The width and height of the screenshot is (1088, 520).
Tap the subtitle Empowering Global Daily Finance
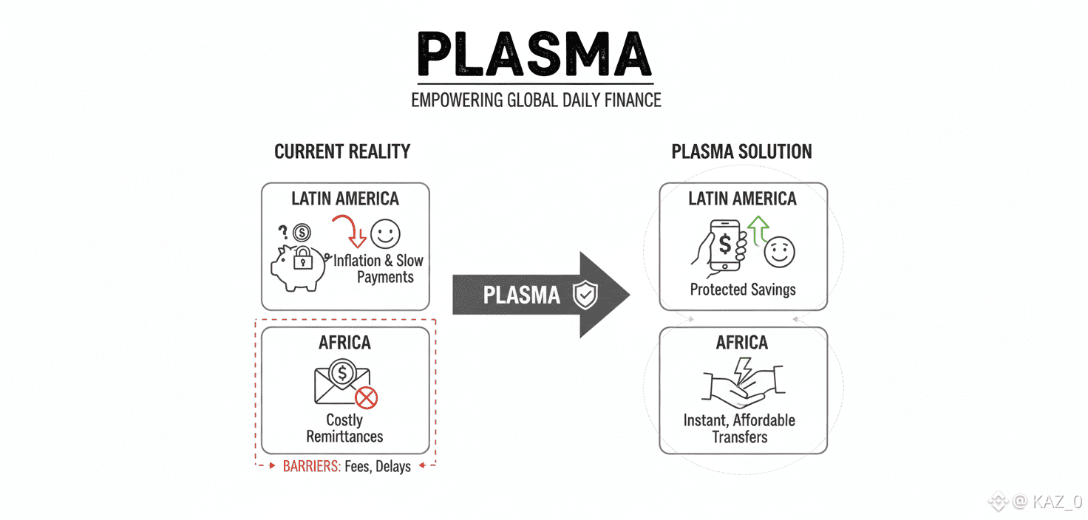pyautogui.click(x=536, y=100)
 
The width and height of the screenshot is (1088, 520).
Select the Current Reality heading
pyautogui.click(x=342, y=152)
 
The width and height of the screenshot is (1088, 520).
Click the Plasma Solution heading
pyautogui.click(x=741, y=152)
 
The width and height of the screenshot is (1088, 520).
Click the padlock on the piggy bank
pyautogui.click(x=302, y=258)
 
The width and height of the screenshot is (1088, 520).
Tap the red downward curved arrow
pyautogui.click(x=350, y=230)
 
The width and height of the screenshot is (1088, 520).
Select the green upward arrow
pyautogui.click(x=758, y=229)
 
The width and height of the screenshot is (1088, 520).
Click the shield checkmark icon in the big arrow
pyautogui.click(x=585, y=295)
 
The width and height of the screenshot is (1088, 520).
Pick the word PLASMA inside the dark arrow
pyautogui.click(x=522, y=295)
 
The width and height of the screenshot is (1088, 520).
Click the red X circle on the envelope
pyautogui.click(x=366, y=398)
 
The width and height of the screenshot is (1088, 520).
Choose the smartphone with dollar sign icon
pyautogui.click(x=725, y=244)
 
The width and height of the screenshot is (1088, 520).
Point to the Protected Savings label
pyautogui.click(x=743, y=290)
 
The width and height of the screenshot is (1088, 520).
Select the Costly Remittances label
pyautogui.click(x=344, y=428)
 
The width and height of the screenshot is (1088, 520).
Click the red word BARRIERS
pyautogui.click(x=311, y=466)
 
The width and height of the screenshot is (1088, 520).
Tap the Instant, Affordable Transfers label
pyautogui.click(x=739, y=428)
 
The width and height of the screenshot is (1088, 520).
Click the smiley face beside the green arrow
pyautogui.click(x=779, y=252)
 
